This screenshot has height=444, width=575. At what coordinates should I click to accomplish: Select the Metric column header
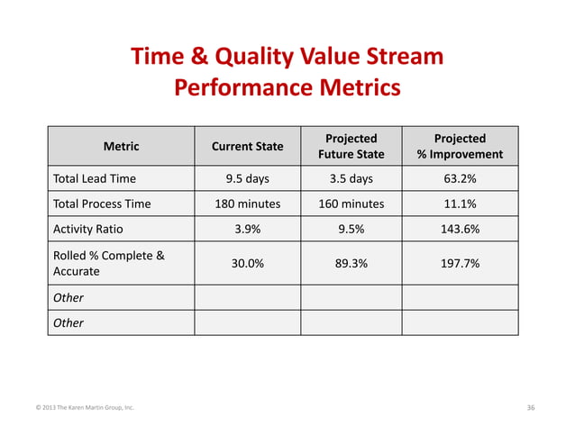pos(122,146)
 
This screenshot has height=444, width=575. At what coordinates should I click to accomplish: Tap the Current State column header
pos(247,146)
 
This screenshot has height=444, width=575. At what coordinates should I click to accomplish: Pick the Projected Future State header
pos(351,146)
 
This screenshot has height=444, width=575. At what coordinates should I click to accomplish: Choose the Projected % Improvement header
pos(460,146)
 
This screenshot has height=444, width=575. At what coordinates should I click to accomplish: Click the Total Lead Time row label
pos(95,178)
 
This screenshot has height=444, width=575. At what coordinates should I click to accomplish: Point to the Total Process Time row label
pos(102,204)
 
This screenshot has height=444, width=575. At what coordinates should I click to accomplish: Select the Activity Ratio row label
pos(89,229)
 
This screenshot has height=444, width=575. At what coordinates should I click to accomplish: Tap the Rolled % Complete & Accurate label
pos(108,263)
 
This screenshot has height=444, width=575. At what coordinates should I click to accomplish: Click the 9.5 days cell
pos(247,178)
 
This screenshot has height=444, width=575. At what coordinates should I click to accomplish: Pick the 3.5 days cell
pos(351,178)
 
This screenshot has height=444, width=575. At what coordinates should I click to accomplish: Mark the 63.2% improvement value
pos(460,178)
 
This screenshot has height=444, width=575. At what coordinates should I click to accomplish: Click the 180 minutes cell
pos(247,204)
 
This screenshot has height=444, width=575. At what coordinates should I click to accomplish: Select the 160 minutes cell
pos(351,204)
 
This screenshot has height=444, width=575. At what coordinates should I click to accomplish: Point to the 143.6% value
pos(460,229)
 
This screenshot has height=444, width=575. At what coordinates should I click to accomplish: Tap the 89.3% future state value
pos(351,263)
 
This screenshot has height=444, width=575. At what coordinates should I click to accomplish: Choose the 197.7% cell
pos(460,263)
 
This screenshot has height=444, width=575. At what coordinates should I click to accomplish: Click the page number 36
pos(531,408)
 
